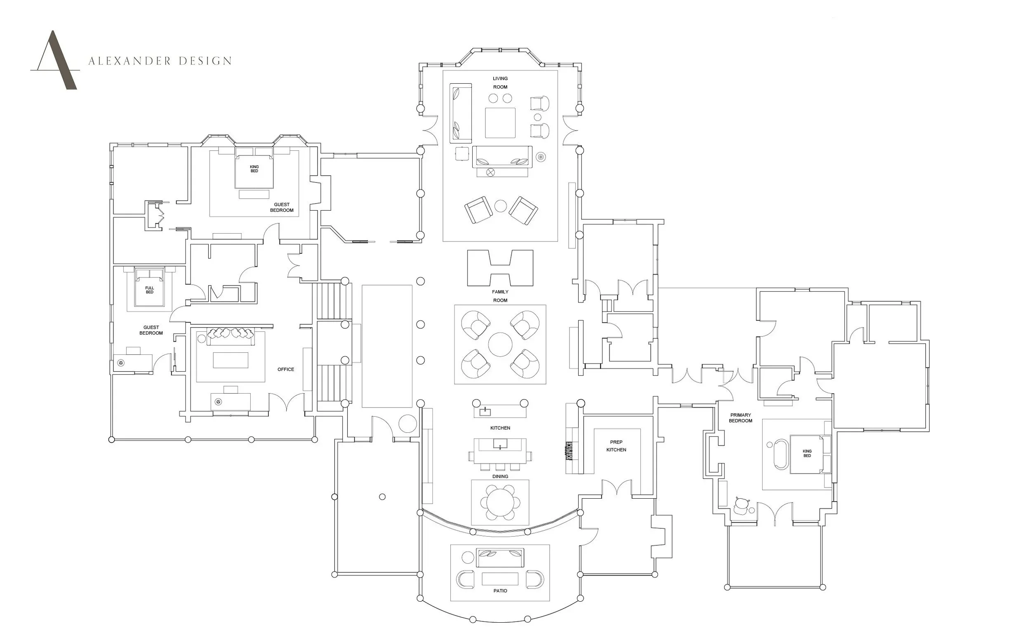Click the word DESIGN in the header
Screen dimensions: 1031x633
[x=205, y=61]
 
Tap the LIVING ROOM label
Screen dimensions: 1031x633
[x=500, y=83]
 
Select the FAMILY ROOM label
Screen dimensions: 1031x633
[x=500, y=296]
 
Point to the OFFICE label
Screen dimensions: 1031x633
[x=286, y=369]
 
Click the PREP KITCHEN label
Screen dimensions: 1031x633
[x=616, y=446]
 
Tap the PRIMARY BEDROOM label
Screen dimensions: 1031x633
[x=740, y=418]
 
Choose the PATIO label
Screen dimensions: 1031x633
[x=500, y=591]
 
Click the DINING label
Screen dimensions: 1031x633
[x=500, y=476]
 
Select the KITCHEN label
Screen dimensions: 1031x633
[x=500, y=428]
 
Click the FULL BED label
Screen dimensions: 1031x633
[x=150, y=290]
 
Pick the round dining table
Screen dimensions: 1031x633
[x=500, y=502]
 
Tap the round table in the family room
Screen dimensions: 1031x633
[x=500, y=344]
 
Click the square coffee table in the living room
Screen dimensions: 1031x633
[x=500, y=123]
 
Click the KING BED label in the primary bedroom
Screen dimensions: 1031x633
[x=807, y=453]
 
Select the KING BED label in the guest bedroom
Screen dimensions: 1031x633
[x=254, y=169]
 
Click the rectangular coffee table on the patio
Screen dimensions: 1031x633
[x=500, y=579]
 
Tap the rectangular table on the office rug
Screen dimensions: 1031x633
[x=231, y=360]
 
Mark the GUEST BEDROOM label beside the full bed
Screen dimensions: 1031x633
[x=151, y=331]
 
